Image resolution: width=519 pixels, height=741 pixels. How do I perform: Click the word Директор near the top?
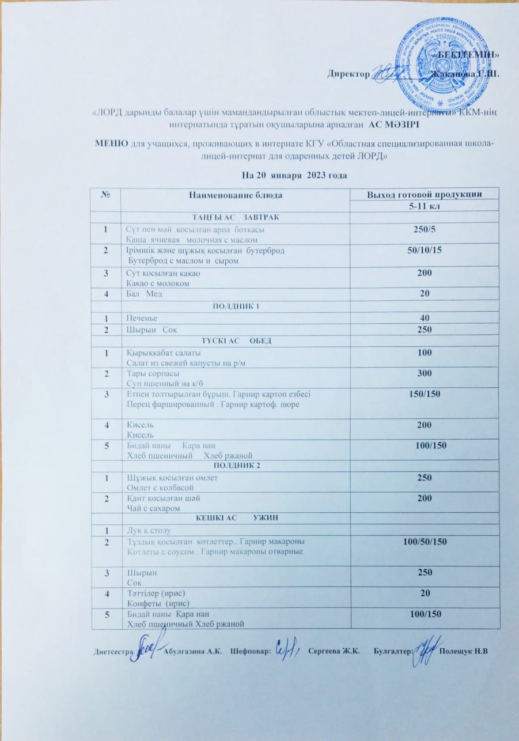pyautogui.click(x=348, y=74)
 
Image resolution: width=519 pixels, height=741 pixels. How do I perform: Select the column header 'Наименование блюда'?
pyautogui.click(x=236, y=195)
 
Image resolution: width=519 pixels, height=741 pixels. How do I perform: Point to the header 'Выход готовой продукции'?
pyautogui.click(x=425, y=195)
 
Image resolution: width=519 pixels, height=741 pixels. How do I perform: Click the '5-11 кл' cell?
pyautogui.click(x=425, y=206)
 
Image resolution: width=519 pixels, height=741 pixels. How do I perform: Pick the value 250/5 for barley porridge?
pyautogui.click(x=425, y=230)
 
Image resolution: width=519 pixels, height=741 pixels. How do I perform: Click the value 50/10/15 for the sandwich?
pyautogui.click(x=425, y=251)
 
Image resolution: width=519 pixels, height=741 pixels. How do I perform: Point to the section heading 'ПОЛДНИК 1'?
pyautogui.click(x=236, y=305)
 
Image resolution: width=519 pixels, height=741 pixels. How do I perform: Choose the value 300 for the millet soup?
pyautogui.click(x=425, y=373)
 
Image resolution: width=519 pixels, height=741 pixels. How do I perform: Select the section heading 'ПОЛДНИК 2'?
pyautogui.click(x=236, y=465)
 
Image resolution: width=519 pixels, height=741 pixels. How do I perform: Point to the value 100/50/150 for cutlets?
pyautogui.click(x=425, y=542)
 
